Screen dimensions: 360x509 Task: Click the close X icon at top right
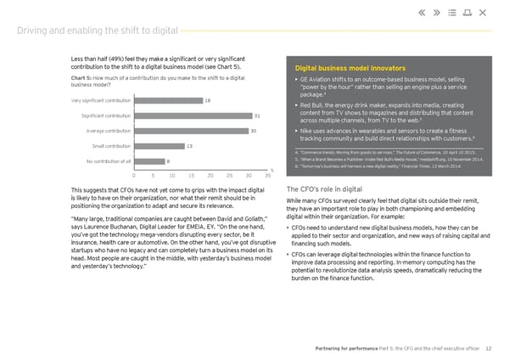pyautogui.click(x=483, y=13)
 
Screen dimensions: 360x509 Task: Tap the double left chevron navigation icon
pyautogui.click(x=422, y=13)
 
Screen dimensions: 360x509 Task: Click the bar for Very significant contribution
pyautogui.click(x=168, y=100)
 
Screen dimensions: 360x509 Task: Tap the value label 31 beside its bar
pyautogui.click(x=257, y=115)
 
